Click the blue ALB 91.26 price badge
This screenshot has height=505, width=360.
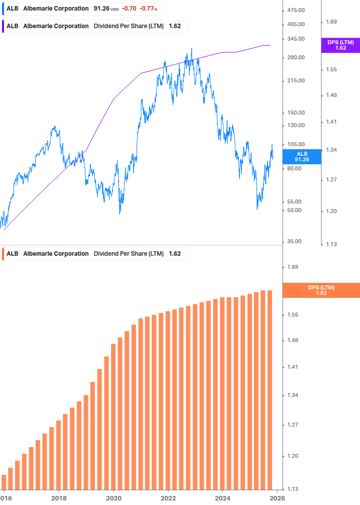302,156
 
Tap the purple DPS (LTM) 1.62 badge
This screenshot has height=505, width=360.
340,45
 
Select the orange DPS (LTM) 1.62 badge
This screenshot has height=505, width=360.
321,290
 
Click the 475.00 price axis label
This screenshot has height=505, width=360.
295,10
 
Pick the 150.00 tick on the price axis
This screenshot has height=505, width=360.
295,113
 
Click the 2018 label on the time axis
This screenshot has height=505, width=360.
59,498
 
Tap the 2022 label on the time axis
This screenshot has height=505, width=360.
168,498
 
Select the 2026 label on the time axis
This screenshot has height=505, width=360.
277,498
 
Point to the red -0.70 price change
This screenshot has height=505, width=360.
130,9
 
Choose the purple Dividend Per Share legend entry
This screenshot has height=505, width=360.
95,26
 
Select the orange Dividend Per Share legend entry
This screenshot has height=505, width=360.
95,254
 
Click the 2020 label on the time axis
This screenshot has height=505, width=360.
113,498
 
